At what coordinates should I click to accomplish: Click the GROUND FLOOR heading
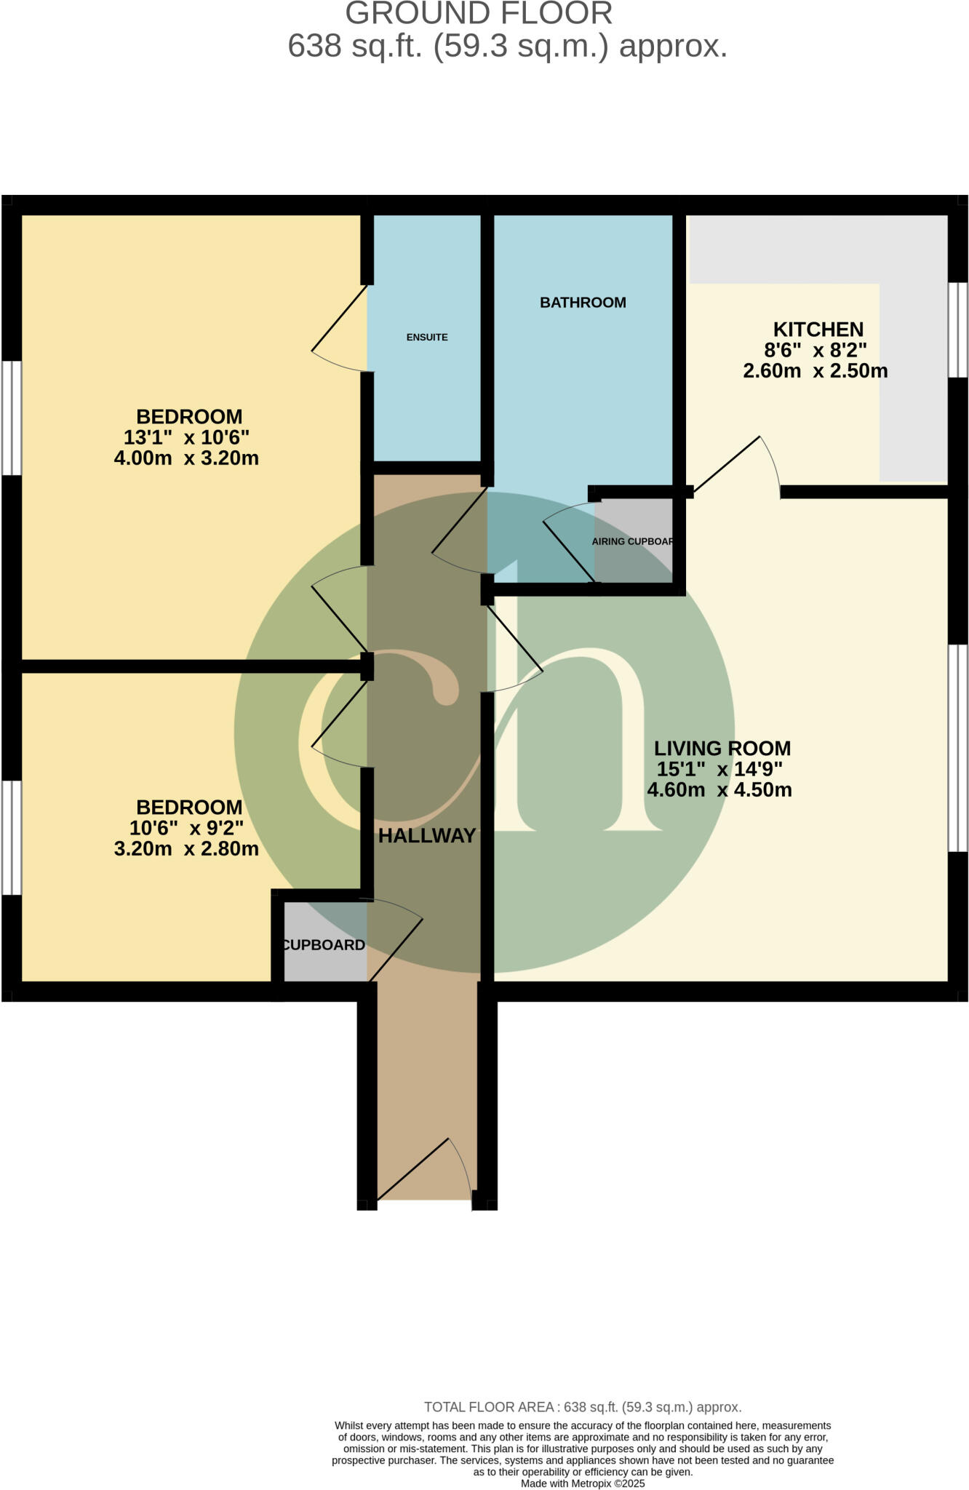[x=479, y=15]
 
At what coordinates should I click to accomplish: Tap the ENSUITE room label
[x=427, y=338]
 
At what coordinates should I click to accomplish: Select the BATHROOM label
[x=583, y=303]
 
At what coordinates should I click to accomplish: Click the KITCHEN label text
[x=818, y=329]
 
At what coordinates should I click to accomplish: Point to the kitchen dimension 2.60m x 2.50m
[x=815, y=371]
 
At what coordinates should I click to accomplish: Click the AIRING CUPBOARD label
[x=633, y=542]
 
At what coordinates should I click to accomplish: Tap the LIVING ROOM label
[x=722, y=748]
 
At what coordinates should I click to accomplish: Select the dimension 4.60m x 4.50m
[x=719, y=790]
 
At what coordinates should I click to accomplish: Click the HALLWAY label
[x=427, y=836]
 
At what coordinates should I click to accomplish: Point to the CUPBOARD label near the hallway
[x=324, y=945]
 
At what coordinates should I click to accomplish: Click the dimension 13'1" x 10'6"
[x=186, y=438]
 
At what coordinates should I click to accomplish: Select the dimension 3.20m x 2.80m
[x=186, y=849]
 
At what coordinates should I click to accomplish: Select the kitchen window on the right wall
[x=958, y=330]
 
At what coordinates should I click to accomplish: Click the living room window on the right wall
[x=958, y=748]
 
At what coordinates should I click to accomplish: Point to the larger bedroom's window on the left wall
[x=11, y=418]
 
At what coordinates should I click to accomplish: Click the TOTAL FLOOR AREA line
[x=583, y=1407]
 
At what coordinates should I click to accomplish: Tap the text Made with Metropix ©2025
[x=583, y=1483]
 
